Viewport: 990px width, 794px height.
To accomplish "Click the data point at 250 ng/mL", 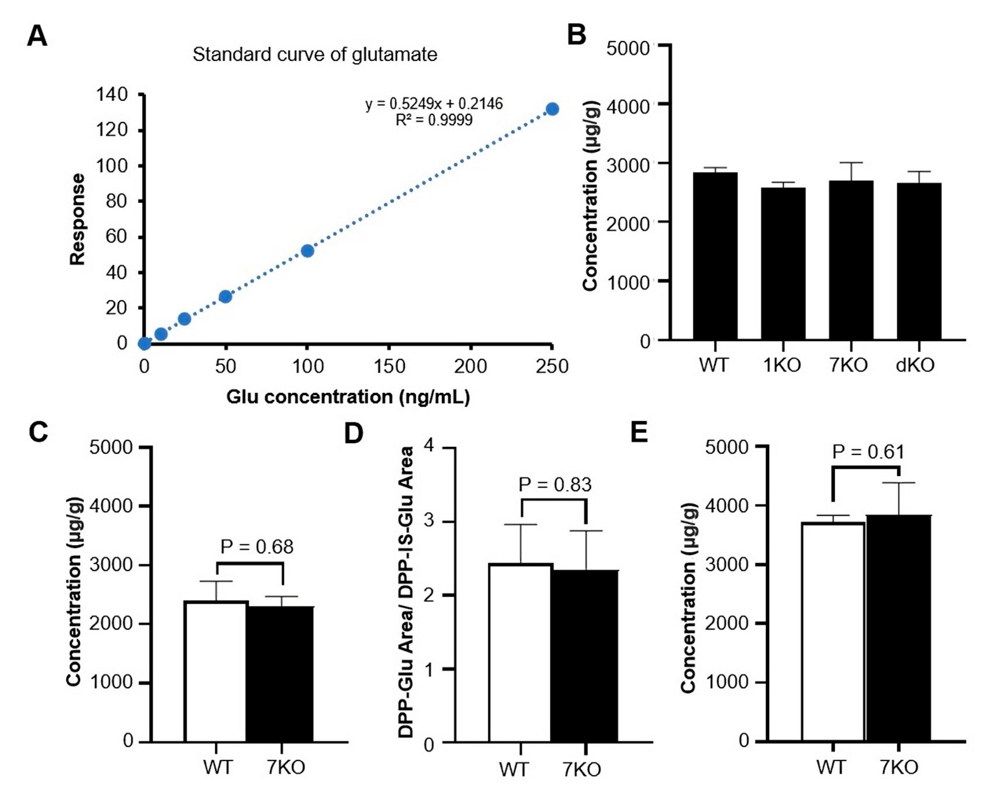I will tap(552, 109).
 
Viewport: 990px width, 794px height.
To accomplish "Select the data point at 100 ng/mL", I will tap(308, 251).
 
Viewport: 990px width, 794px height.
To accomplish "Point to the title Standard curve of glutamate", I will tap(315, 54).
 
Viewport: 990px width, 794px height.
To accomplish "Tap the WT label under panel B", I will tap(714, 365).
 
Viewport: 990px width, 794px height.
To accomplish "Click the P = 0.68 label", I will tap(257, 547).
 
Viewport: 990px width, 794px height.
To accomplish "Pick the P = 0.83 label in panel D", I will tap(555, 484).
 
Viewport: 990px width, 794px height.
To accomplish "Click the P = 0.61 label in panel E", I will tap(868, 452).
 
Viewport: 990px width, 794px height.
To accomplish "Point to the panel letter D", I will tap(353, 433).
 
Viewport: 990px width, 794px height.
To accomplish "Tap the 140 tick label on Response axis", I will tap(112, 95).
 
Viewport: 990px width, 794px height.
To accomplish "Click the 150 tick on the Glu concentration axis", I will tap(389, 366).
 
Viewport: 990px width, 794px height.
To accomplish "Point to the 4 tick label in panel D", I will tap(430, 446).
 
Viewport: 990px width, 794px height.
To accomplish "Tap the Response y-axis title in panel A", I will tap(77, 220).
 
